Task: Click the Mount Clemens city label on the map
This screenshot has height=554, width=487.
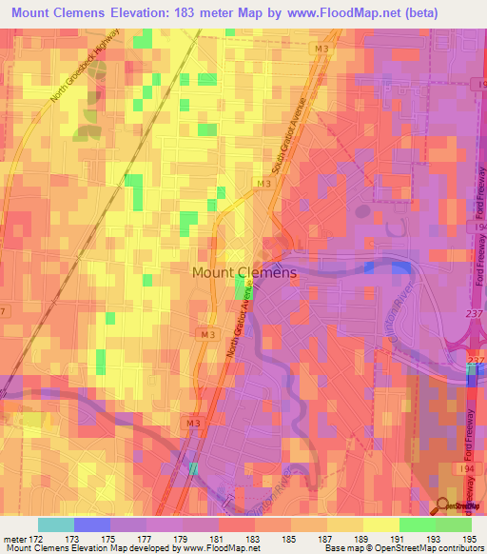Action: click(x=244, y=272)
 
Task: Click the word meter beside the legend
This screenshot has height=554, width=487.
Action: click(x=11, y=539)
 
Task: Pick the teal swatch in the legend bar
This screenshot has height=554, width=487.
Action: click(x=56, y=524)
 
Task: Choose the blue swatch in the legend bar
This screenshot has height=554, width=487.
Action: click(x=92, y=524)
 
